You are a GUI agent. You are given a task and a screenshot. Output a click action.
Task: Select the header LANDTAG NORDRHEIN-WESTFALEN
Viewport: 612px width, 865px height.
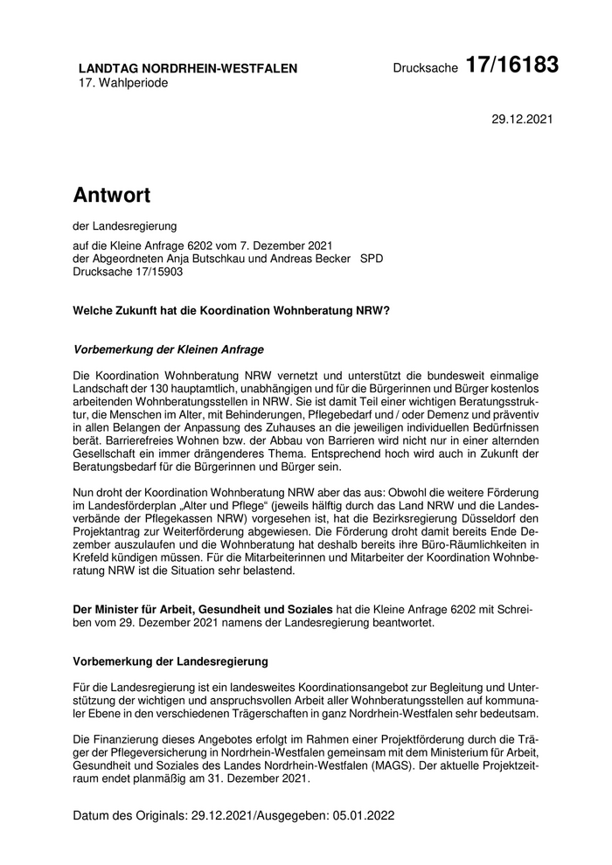pos(188,68)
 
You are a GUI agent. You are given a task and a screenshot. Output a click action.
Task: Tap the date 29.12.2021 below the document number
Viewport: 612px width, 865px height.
pos(523,118)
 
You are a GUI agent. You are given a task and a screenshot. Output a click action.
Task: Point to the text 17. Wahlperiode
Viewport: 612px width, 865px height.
pos(123,83)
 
